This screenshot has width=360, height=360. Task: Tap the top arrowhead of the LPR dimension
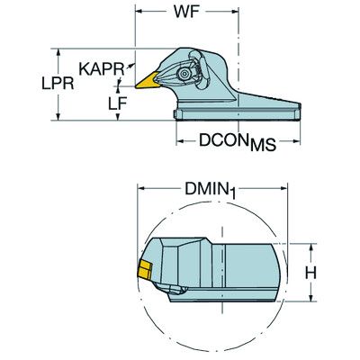tap(60, 49)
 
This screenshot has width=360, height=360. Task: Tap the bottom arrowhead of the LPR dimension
tap(60, 117)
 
